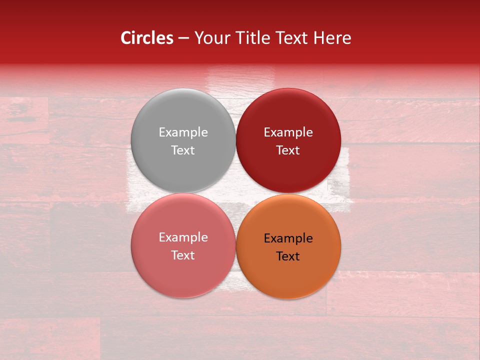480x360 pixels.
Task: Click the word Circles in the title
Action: point(147,38)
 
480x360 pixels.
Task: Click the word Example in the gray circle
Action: point(183,132)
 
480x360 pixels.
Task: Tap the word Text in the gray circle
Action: point(183,150)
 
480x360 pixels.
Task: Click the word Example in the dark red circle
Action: point(288,132)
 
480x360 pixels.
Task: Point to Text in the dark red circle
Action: point(288,150)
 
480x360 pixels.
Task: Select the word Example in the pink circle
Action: point(183,237)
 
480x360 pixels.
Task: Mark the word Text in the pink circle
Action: point(183,255)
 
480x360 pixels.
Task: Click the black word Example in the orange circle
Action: point(288,238)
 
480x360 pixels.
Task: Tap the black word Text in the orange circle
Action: point(288,256)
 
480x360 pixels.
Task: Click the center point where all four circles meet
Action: point(235,193)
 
